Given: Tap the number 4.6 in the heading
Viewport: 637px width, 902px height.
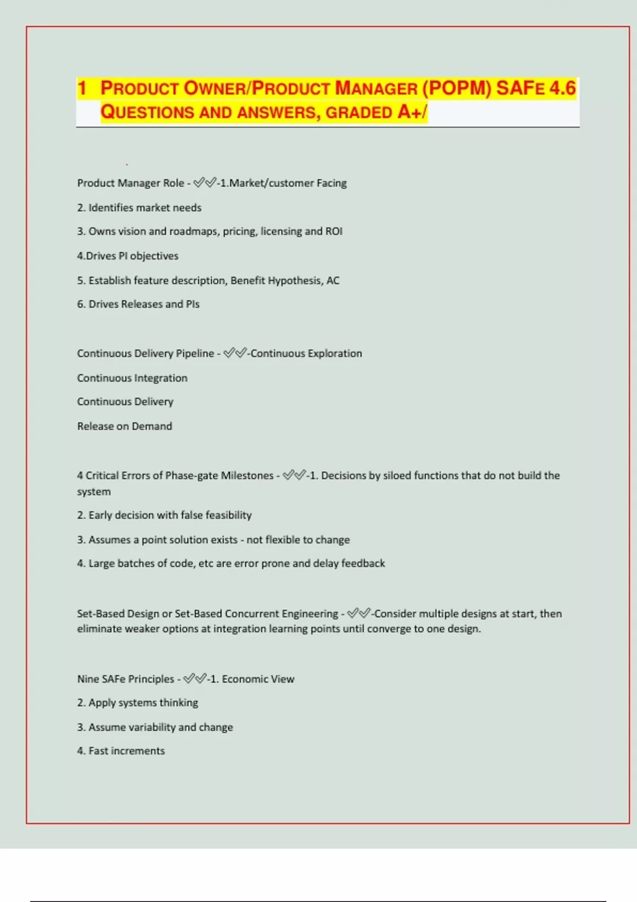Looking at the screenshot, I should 562,88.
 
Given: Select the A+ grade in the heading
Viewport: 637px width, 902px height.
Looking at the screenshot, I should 409,112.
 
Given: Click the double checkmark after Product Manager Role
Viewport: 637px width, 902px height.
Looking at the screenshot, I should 204,183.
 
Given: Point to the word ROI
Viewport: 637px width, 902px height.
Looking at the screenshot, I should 334,231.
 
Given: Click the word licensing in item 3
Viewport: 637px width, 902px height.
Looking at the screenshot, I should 281,231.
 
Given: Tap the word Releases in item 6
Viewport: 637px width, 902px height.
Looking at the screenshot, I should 141,305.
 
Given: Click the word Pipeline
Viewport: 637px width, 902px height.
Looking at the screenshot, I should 195,353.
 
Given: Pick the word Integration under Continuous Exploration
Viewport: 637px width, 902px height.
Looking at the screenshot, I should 161,378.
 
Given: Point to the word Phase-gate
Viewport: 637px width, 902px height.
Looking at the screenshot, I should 192,476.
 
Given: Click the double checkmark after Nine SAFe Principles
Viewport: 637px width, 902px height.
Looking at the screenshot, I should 194,679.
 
